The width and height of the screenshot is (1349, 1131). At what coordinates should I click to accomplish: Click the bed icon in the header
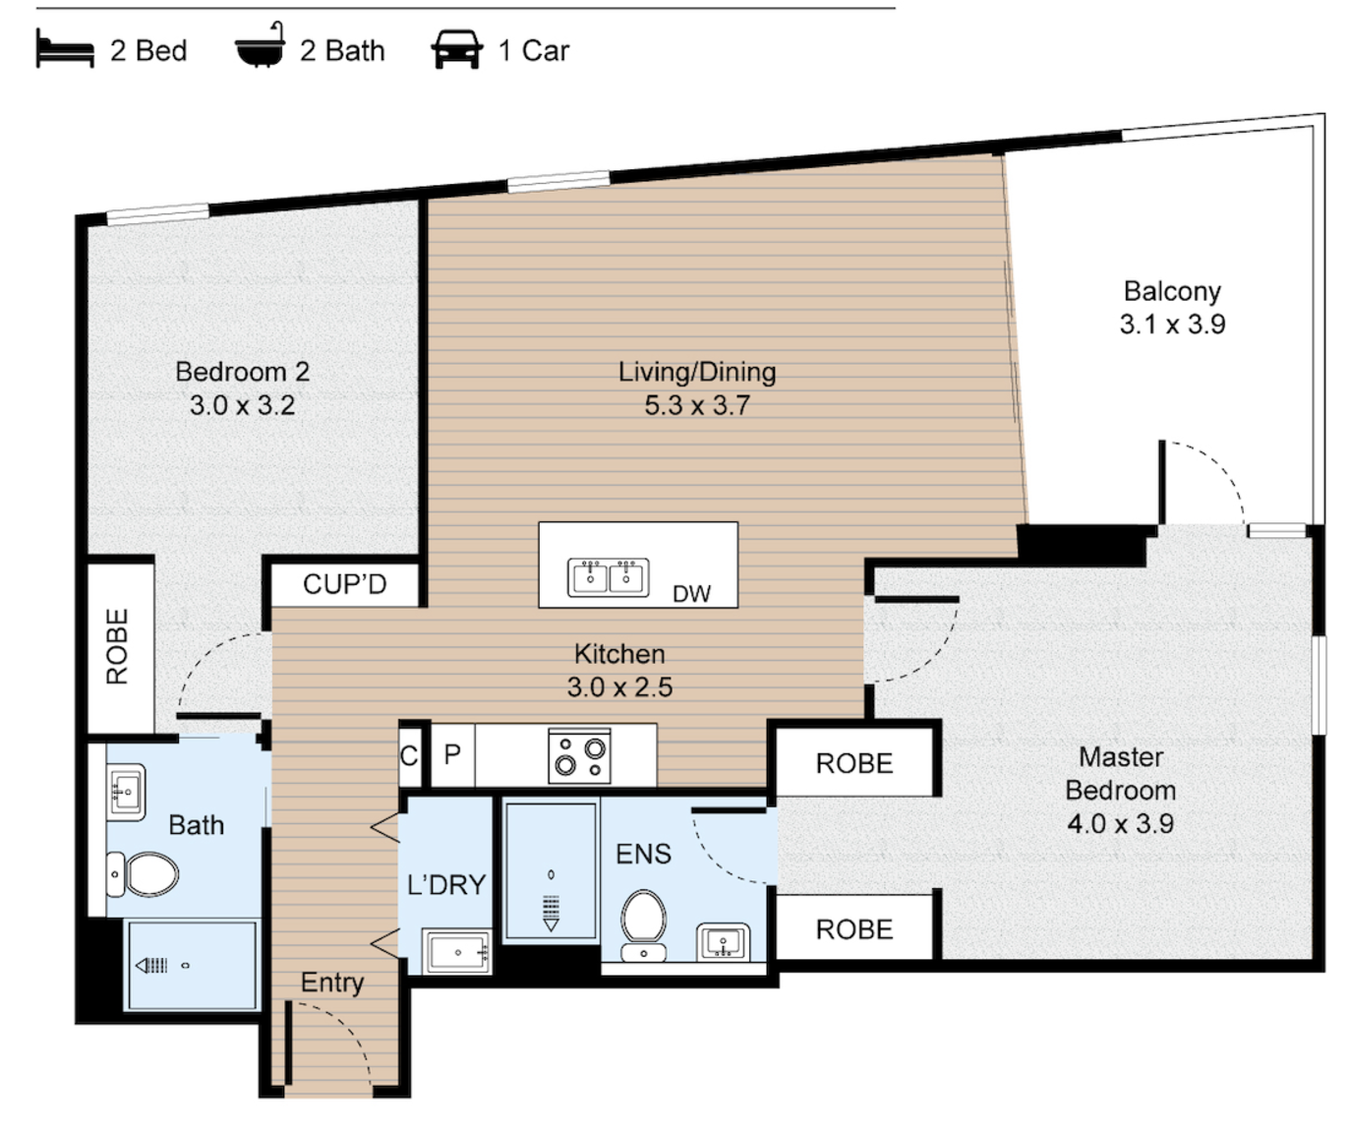click(65, 48)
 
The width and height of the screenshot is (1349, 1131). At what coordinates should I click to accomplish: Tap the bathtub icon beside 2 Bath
click(260, 44)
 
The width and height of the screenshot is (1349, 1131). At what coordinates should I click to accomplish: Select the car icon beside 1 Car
click(457, 50)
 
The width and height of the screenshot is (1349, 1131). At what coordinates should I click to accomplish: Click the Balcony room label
click(1172, 291)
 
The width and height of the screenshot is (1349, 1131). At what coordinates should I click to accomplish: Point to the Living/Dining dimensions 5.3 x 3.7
click(697, 405)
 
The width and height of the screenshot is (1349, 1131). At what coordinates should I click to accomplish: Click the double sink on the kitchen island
click(608, 577)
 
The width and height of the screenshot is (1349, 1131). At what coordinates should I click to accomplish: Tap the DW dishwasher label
click(691, 594)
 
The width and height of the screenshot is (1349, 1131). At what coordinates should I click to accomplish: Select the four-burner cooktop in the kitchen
click(579, 756)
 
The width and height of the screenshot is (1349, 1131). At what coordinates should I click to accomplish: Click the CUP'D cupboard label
click(345, 584)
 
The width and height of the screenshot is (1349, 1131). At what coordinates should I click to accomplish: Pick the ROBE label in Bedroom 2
click(118, 646)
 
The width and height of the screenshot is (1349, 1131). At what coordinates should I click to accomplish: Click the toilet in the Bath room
click(143, 874)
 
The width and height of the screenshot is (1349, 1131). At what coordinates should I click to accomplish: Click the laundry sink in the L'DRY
click(457, 952)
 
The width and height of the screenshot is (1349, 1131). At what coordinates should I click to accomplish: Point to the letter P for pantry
click(452, 753)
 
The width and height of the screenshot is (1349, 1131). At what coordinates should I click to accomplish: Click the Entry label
click(332, 983)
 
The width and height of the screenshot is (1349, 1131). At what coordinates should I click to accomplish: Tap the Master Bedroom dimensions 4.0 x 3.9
click(1120, 824)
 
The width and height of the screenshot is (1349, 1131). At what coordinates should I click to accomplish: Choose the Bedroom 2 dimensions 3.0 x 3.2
click(242, 405)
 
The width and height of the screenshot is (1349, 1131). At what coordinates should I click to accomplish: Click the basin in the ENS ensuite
click(723, 942)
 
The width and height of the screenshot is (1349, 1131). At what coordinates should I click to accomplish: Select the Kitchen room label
click(619, 654)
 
